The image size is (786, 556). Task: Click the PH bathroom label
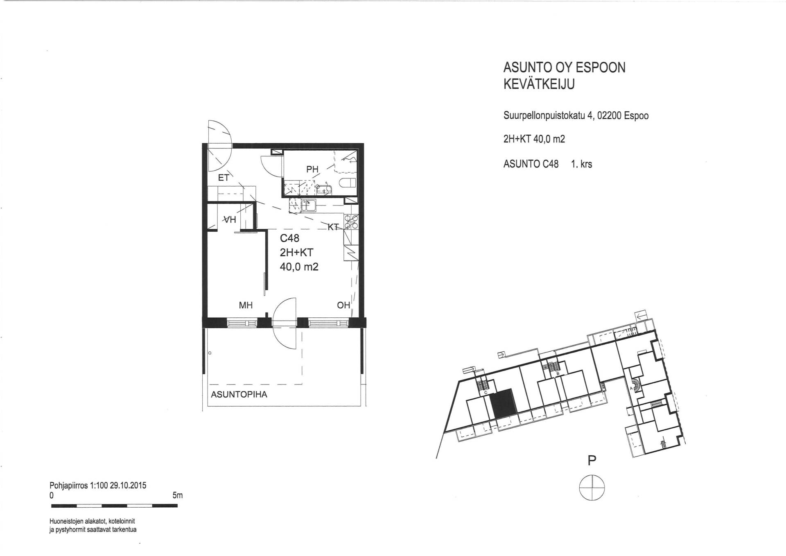click(x=312, y=169)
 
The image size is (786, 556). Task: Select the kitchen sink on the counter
click(x=309, y=205)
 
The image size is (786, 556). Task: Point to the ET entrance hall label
click(x=224, y=178)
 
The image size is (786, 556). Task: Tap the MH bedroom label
click(x=246, y=305)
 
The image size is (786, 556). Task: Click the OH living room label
click(x=343, y=305)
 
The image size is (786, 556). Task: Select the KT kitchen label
click(x=334, y=226)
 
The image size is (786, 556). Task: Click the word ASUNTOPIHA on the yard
click(x=239, y=395)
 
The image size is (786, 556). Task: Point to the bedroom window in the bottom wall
click(x=242, y=323)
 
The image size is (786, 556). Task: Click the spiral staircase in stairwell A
click(x=634, y=385)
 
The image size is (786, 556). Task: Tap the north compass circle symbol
click(x=592, y=487)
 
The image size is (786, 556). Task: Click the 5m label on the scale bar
click(x=178, y=495)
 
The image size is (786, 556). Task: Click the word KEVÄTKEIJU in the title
click(x=539, y=84)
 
